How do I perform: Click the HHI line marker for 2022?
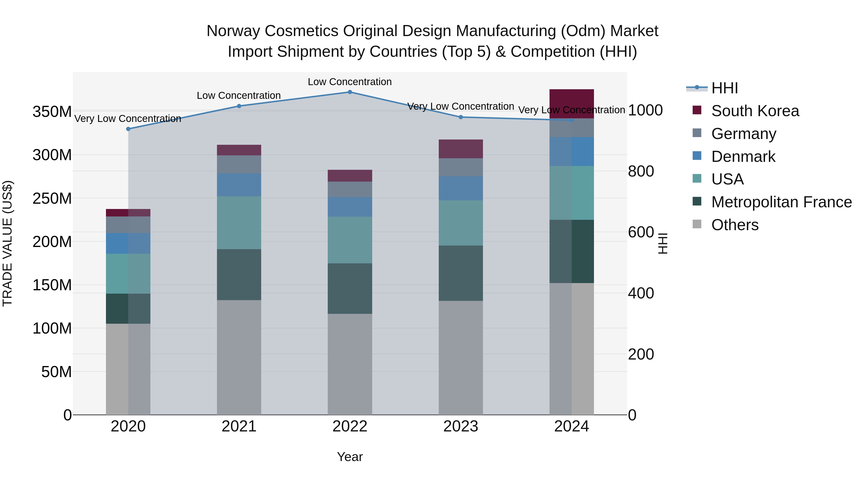[x=350, y=92]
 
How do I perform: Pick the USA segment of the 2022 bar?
[x=350, y=240]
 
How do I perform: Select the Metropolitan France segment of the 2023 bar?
[x=460, y=273]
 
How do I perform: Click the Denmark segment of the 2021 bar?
[x=239, y=185]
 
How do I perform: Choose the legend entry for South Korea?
[x=755, y=111]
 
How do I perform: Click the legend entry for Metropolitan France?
[x=781, y=202]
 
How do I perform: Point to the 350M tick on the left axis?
[x=52, y=112]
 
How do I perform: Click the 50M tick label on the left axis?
[x=56, y=372]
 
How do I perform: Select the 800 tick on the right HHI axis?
[x=641, y=171]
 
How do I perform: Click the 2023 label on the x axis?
[x=460, y=426]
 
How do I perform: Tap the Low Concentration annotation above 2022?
[x=350, y=82]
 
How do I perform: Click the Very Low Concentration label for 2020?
[x=128, y=119]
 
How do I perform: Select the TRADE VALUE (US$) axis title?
[x=7, y=243]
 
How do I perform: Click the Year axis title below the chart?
[x=350, y=457]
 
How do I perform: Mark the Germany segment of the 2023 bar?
[x=460, y=167]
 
